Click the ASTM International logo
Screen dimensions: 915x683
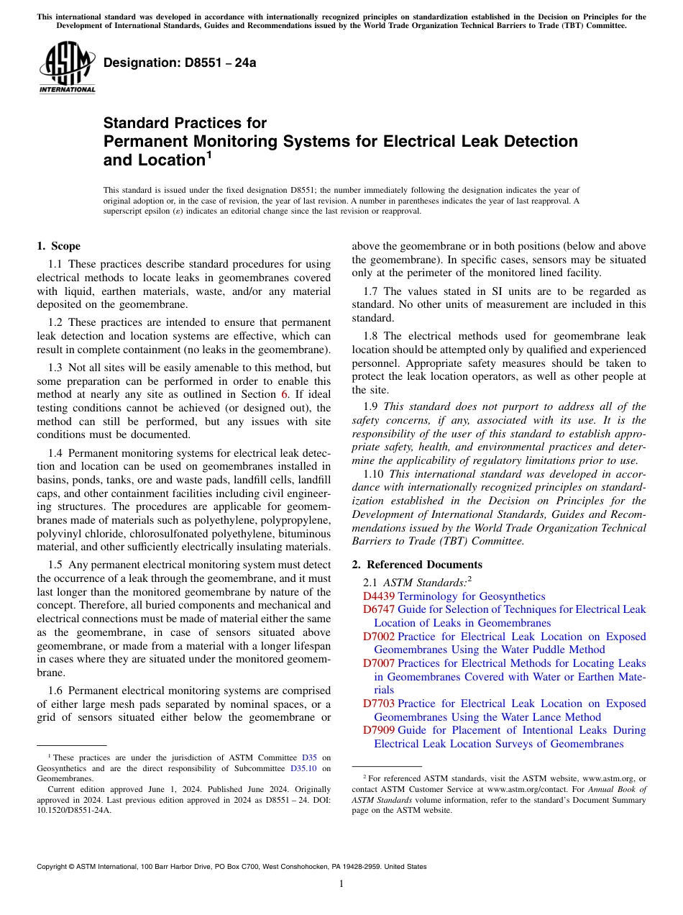(67, 68)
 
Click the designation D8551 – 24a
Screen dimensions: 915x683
(180, 63)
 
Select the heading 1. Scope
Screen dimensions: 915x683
(59, 246)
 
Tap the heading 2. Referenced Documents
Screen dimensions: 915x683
(417, 565)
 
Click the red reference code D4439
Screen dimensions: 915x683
(379, 596)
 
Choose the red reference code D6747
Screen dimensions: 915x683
(379, 609)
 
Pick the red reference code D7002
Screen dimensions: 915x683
(379, 637)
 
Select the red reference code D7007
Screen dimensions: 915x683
(379, 663)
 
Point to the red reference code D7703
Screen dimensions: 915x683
(379, 704)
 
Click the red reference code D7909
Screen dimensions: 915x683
(379, 730)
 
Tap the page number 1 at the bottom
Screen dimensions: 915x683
(341, 884)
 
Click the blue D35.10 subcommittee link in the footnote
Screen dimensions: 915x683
(304, 768)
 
